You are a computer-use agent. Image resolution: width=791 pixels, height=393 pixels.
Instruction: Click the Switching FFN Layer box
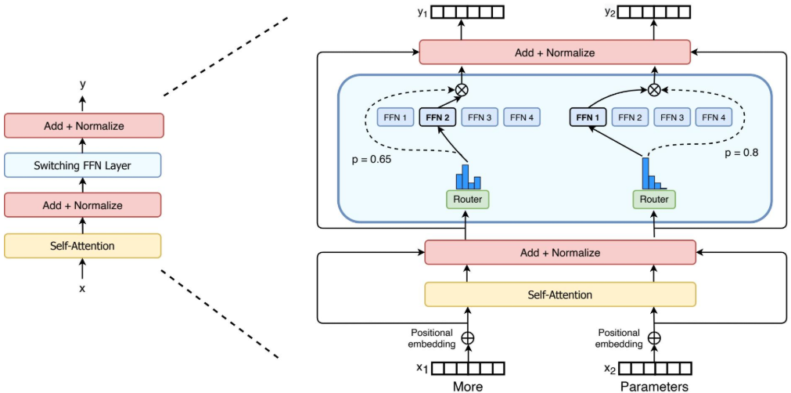(x=82, y=165)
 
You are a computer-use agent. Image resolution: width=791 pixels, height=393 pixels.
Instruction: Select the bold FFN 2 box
(x=438, y=117)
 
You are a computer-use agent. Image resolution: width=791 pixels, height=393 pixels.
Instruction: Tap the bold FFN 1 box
(x=588, y=117)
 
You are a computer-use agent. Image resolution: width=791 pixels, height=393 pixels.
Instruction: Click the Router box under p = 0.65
(x=468, y=200)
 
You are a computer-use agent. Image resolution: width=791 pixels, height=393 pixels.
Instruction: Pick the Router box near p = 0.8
(x=653, y=200)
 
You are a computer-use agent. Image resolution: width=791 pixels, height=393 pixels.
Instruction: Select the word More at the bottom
(x=468, y=387)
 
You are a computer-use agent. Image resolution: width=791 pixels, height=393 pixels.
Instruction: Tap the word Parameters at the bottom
(x=654, y=387)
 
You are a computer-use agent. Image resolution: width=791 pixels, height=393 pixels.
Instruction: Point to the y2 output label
(x=609, y=11)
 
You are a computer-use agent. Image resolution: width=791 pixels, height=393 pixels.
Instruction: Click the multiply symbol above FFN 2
(x=461, y=90)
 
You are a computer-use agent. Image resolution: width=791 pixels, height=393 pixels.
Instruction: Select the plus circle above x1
(x=469, y=338)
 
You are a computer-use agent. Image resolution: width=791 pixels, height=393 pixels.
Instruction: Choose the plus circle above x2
(x=654, y=338)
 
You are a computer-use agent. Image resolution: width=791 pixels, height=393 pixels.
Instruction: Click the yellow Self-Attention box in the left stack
(x=82, y=246)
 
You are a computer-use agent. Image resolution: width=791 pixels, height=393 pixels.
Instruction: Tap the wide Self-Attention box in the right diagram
(x=560, y=294)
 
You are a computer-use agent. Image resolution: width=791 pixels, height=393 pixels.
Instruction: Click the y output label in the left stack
(x=82, y=85)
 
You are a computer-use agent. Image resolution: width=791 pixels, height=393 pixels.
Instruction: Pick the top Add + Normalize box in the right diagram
(x=555, y=52)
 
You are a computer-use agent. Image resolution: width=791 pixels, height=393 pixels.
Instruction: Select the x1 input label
(x=422, y=368)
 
